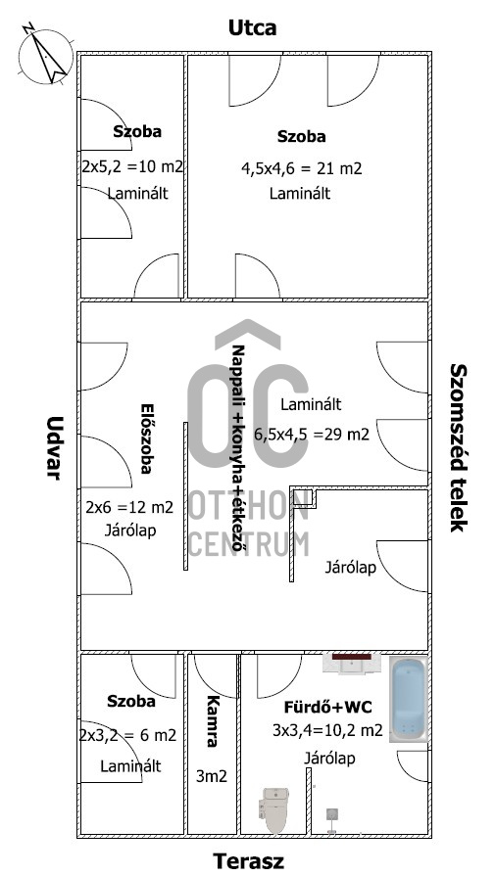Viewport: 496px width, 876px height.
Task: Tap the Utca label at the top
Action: click(252, 28)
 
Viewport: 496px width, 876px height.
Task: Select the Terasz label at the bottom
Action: click(248, 861)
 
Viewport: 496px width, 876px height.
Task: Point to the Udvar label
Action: click(53, 448)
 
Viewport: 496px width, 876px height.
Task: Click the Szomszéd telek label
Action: click(458, 448)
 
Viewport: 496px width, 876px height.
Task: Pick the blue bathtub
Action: click(409, 699)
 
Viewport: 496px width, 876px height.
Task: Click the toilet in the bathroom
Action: click(273, 809)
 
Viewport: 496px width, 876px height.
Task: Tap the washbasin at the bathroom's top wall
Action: click(352, 663)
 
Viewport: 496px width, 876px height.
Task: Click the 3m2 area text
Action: click(212, 775)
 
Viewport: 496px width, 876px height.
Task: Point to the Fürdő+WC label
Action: click(327, 708)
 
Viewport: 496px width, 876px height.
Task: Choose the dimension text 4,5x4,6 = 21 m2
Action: click(302, 168)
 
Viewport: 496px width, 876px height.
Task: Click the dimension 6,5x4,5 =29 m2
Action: click(312, 435)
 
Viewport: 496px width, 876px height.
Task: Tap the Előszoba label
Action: click(146, 438)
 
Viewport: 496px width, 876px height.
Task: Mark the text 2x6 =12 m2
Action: click(129, 507)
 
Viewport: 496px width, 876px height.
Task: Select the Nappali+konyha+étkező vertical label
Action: click(239, 448)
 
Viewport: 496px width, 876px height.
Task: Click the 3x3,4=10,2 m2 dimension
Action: click(327, 730)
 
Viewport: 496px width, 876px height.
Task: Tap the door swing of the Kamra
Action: click(215, 676)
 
